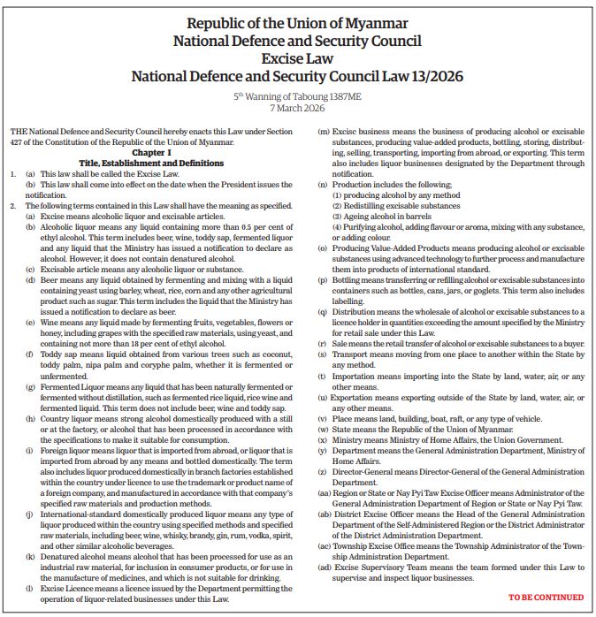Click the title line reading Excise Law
point(297,58)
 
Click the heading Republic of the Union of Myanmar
point(297,21)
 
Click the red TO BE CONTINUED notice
point(546,598)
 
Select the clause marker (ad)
point(325,567)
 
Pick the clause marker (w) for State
point(324,429)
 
